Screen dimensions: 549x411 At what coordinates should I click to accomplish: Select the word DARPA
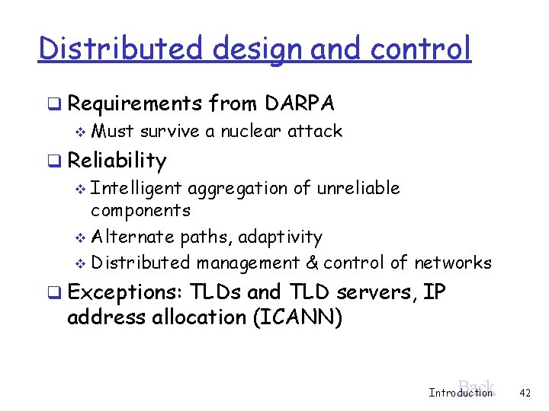point(300,103)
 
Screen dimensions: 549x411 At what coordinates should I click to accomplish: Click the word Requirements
point(134,103)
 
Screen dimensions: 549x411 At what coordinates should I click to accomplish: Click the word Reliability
point(117,161)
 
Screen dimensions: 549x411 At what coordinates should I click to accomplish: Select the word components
point(140,210)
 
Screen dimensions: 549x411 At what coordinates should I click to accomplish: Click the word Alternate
point(133,237)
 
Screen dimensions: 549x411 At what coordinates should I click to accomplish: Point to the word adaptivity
point(280,237)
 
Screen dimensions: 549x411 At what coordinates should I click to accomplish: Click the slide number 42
point(524,393)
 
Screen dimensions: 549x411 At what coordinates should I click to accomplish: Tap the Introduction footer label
point(461,393)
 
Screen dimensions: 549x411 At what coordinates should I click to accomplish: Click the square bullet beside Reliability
point(52,161)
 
